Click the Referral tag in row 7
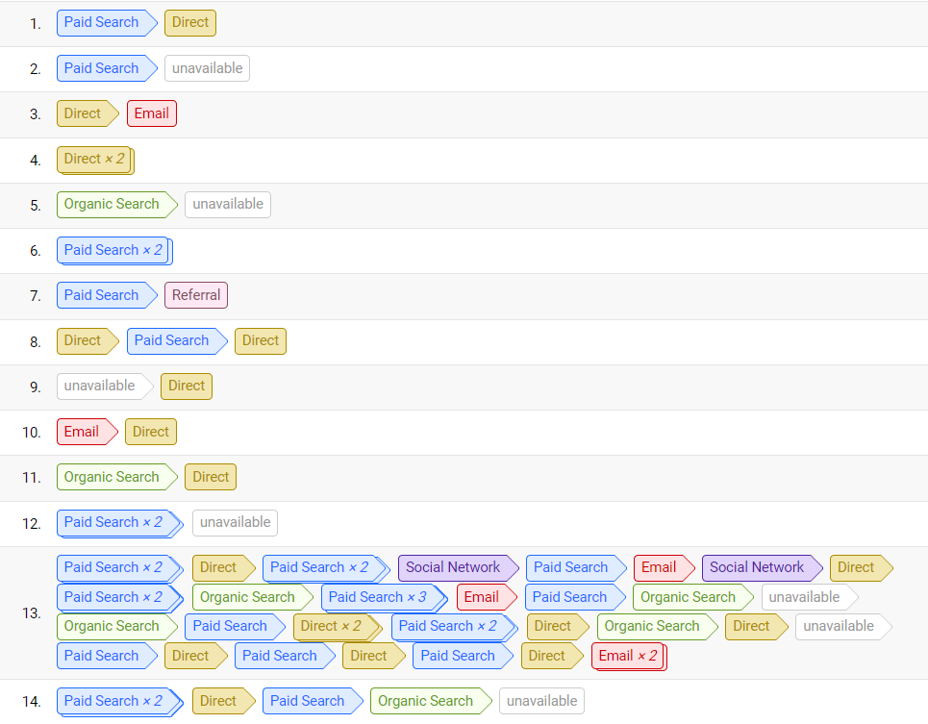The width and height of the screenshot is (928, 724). pyautogui.click(x=196, y=295)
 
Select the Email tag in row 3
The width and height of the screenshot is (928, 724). pyautogui.click(x=151, y=113)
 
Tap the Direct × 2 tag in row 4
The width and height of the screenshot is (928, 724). pyautogui.click(x=94, y=160)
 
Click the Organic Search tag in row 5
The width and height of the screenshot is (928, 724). pyautogui.click(x=112, y=204)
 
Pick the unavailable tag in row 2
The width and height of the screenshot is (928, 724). pyautogui.click(x=207, y=68)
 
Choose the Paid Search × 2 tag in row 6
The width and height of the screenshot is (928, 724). pyautogui.click(x=113, y=250)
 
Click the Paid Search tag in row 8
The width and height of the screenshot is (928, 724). pyautogui.click(x=171, y=340)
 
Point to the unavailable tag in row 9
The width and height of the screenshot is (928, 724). pyautogui.click(x=99, y=386)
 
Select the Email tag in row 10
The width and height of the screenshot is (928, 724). pyautogui.click(x=82, y=432)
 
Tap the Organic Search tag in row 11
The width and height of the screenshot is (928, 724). pyautogui.click(x=112, y=477)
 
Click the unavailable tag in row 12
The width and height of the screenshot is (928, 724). pyautogui.click(x=235, y=522)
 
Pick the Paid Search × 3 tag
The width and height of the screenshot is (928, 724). pyautogui.click(x=377, y=597)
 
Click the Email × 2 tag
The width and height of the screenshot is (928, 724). pyautogui.click(x=628, y=656)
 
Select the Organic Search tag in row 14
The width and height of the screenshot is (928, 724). pyautogui.click(x=425, y=701)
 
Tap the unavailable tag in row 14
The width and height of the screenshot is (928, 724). pyautogui.click(x=541, y=701)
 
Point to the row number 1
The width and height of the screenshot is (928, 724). pyautogui.click(x=36, y=23)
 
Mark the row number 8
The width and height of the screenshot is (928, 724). pyautogui.click(x=36, y=341)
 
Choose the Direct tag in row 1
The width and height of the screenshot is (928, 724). pyautogui.click(x=190, y=22)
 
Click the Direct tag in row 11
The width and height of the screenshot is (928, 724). pyautogui.click(x=211, y=477)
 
